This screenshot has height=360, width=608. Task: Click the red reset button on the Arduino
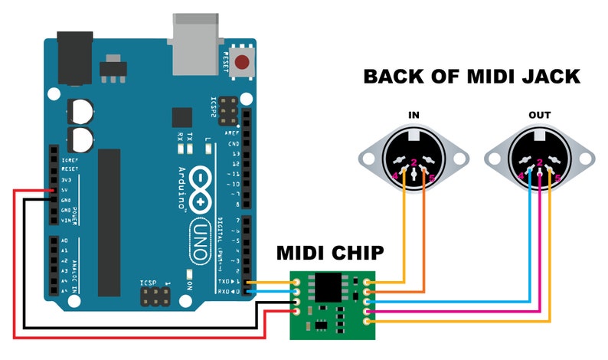click(x=243, y=63)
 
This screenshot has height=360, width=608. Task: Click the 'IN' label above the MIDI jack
click(x=414, y=116)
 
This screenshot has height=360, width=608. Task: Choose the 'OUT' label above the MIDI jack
click(x=540, y=116)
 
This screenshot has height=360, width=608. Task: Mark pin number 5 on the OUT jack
click(x=557, y=178)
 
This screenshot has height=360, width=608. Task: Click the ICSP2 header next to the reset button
click(x=227, y=111)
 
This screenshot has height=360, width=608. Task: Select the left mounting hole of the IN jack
click(x=370, y=159)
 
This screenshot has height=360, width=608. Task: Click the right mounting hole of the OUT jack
click(x=584, y=159)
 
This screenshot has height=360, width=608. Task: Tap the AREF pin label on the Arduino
click(x=233, y=133)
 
